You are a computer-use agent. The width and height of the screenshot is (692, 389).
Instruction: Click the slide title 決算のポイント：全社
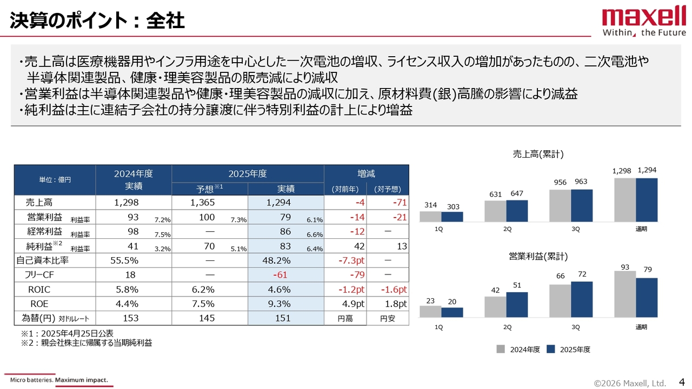click(x=97, y=21)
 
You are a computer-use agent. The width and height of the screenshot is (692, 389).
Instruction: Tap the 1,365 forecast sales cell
click(x=203, y=203)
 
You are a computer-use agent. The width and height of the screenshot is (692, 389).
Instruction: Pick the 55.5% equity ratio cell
click(x=128, y=260)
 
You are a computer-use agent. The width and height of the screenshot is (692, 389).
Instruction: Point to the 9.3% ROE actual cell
click(x=280, y=304)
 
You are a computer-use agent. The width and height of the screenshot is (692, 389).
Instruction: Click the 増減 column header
click(x=366, y=174)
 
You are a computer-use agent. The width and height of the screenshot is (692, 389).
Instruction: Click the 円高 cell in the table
click(x=345, y=319)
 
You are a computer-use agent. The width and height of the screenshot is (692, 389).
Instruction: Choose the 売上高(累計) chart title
click(x=538, y=155)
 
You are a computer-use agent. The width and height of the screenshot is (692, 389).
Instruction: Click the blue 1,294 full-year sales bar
click(x=647, y=199)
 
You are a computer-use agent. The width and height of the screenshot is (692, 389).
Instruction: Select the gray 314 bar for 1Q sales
click(x=430, y=216)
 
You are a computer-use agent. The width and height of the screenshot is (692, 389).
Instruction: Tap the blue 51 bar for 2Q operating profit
click(x=517, y=305)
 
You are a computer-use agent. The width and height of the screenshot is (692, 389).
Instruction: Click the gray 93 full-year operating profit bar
click(x=625, y=294)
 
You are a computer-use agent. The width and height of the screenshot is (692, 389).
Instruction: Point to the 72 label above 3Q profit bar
click(x=582, y=275)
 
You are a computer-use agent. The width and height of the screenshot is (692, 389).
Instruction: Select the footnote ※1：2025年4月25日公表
click(x=67, y=334)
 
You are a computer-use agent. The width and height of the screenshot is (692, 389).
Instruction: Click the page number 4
click(x=681, y=383)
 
